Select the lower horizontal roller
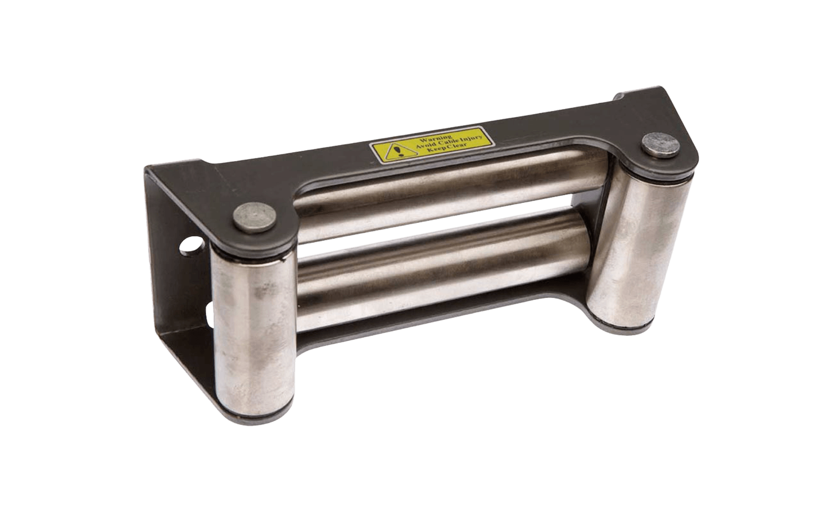tap(440, 278)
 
